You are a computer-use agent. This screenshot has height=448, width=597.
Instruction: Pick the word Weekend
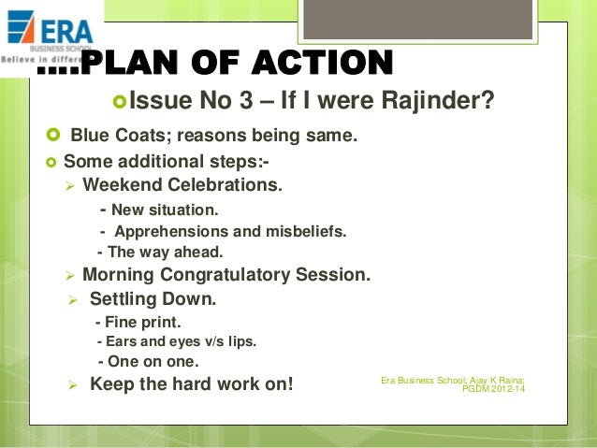click(120, 185)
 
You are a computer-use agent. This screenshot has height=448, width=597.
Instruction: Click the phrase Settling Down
click(153, 299)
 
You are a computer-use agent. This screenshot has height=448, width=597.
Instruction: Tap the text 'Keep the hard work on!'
click(191, 383)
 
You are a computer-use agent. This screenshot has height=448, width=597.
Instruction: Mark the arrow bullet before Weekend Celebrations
click(68, 185)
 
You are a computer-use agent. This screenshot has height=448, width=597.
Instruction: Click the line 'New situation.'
click(158, 210)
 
